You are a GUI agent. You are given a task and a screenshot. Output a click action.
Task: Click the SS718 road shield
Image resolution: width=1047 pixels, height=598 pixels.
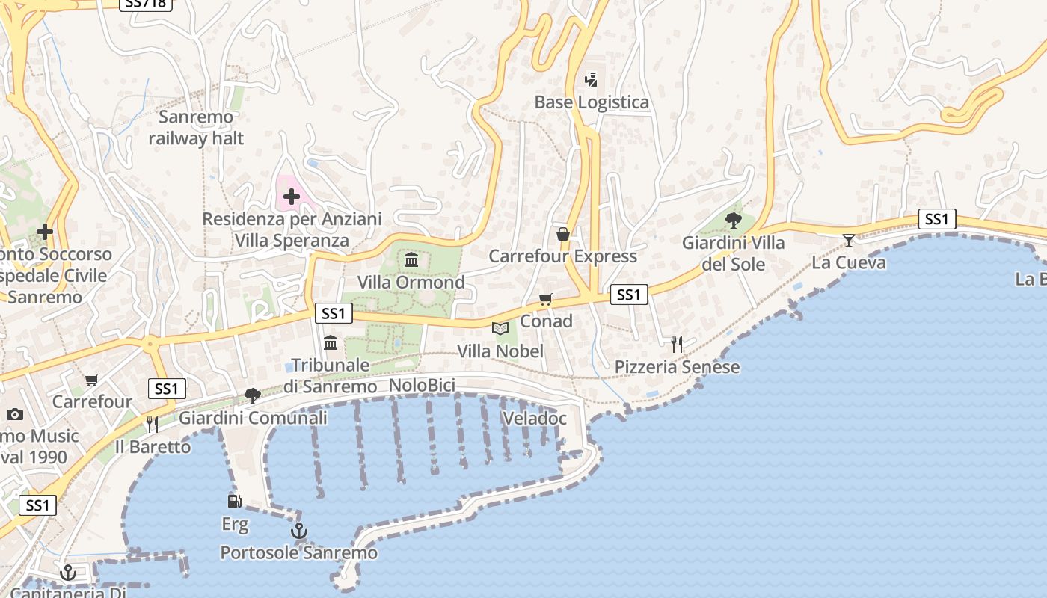coord(147,4)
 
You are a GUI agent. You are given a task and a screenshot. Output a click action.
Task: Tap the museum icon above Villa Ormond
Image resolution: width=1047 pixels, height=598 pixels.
coord(411,259)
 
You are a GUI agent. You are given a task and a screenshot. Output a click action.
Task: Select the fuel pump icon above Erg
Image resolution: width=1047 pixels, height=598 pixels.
coord(234,501)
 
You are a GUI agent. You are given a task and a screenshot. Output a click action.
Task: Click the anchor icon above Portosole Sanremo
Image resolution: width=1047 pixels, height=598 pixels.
coord(298,531)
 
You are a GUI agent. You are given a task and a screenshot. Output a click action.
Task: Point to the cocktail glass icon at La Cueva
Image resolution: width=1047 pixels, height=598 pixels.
coord(849,240)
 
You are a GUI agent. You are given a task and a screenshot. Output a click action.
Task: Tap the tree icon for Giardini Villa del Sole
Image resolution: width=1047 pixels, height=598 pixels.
coord(733,221)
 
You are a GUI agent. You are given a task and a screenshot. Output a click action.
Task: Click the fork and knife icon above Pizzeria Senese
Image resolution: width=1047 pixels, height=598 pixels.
coord(677,344)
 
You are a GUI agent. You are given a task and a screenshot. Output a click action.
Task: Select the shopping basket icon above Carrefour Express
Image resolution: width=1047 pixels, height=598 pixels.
coord(563,234)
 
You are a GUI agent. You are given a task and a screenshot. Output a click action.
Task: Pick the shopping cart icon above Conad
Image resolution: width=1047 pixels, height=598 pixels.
coord(546,299)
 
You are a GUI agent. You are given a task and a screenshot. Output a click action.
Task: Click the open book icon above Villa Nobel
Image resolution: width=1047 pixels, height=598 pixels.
coord(500,328)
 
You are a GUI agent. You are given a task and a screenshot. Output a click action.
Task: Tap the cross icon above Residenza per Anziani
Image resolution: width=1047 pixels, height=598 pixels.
coord(292,197)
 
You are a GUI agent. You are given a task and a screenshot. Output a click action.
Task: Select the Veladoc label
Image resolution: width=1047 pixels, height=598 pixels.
coord(535,419)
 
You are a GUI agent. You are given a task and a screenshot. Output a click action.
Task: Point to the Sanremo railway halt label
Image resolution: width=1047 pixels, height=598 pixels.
coord(196,128)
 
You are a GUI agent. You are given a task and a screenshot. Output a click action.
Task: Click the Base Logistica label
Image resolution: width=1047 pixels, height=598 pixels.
coord(592,102)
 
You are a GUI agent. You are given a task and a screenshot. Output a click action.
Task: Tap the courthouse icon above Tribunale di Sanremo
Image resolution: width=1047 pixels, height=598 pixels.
coord(331,343)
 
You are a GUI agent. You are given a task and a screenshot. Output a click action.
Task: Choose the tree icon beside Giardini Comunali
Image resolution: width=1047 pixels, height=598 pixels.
coord(253,395)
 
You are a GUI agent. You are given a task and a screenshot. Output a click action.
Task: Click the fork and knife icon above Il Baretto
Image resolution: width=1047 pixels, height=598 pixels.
coord(153,424)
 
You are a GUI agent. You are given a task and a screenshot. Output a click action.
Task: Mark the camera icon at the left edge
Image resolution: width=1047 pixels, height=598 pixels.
coord(14,414)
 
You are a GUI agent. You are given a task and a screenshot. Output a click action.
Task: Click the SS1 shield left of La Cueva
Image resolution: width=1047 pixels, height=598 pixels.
coord(938,219)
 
